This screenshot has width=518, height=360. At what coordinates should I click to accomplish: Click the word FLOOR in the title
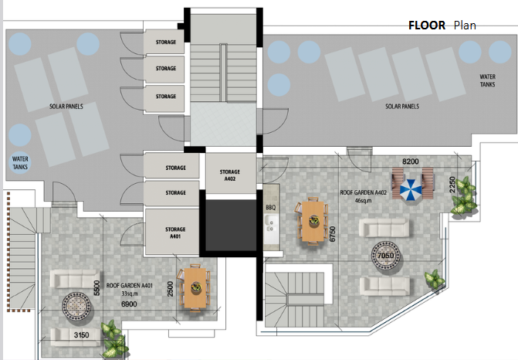click(427, 25)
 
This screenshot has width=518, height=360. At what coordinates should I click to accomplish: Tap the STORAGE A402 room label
click(230, 175)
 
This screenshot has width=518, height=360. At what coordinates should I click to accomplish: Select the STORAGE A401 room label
click(175, 233)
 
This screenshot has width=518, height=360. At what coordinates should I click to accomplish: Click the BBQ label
click(270, 208)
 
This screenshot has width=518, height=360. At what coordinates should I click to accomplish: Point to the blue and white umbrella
click(411, 190)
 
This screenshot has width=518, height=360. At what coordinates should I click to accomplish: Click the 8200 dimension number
click(411, 161)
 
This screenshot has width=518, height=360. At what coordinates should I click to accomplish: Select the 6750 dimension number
click(333, 234)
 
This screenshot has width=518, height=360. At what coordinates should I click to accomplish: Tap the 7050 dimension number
click(385, 256)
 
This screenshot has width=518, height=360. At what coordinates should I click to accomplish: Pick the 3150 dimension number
click(81, 335)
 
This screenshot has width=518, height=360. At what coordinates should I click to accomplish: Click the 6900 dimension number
click(129, 304)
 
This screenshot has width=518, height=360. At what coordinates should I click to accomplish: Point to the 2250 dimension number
click(452, 185)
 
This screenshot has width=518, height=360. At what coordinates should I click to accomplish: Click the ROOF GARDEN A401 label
click(130, 286)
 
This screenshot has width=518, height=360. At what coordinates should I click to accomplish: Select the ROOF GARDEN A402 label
click(363, 192)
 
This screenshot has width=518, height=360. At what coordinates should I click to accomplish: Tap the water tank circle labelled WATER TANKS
click(20, 163)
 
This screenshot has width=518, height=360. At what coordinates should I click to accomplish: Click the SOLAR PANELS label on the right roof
click(402, 107)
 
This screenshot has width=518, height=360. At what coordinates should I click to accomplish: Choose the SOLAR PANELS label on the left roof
click(66, 107)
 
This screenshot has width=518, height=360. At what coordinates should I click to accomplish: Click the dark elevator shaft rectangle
click(231, 225)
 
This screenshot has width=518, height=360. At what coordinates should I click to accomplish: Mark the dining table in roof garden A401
click(195, 288)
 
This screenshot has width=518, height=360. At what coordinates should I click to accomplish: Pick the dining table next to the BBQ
click(313, 221)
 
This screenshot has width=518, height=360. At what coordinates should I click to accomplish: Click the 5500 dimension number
click(96, 288)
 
